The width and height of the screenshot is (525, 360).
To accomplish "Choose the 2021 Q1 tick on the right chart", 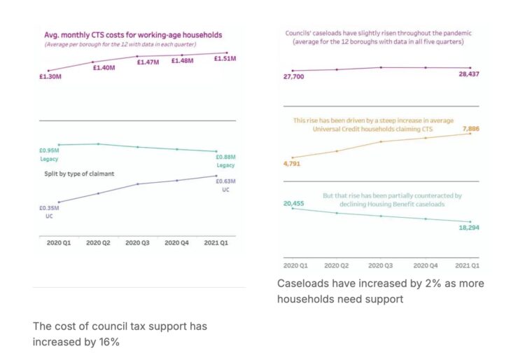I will coord(465,265).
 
